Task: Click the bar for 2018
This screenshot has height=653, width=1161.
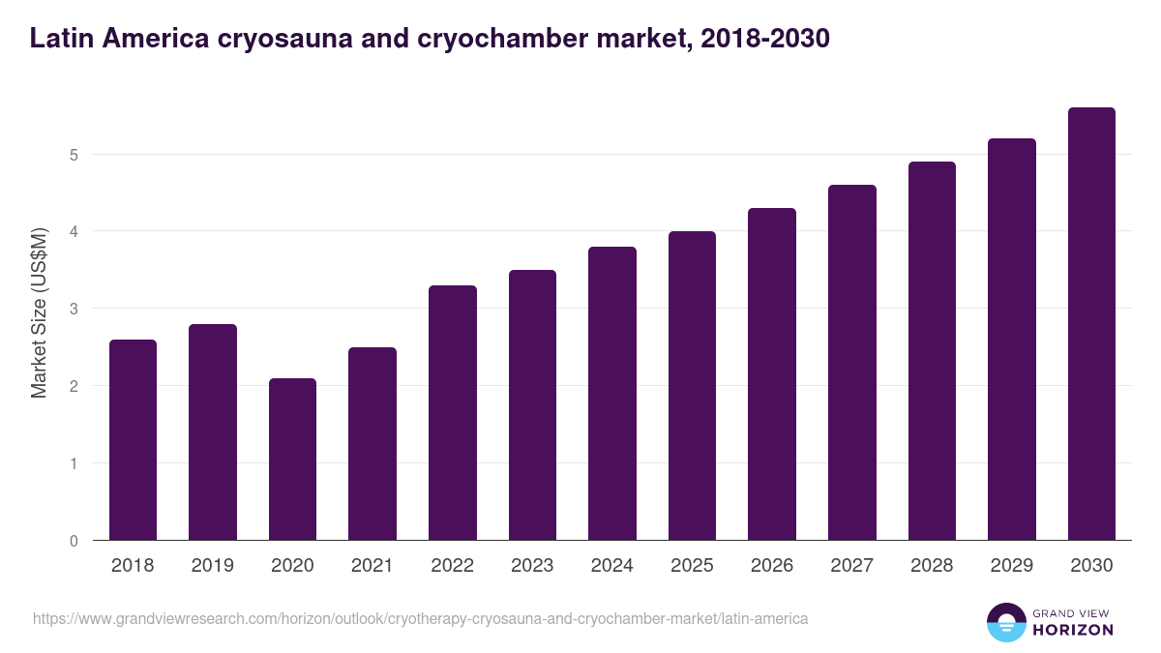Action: [x=133, y=440]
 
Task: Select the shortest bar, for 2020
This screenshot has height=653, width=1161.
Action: [x=292, y=460]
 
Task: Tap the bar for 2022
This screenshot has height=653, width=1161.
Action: [x=452, y=413]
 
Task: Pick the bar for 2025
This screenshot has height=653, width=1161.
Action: [x=692, y=386]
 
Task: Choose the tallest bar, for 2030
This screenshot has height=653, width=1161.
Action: [x=1091, y=324]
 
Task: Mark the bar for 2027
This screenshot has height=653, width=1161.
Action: [x=851, y=363]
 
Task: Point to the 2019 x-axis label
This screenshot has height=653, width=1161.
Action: [x=212, y=566]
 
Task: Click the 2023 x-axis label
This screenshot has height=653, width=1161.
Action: [x=532, y=566]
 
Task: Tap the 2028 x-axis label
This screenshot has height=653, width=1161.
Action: [x=932, y=566]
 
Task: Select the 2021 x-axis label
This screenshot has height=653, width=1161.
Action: [x=372, y=566]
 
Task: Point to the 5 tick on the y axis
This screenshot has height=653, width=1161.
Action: [x=74, y=155]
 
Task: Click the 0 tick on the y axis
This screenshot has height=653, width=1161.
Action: [x=74, y=541]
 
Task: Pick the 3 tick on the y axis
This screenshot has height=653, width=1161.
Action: [x=74, y=309]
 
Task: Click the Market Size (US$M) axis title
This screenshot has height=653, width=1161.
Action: [x=40, y=312]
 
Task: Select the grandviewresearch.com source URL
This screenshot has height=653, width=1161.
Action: [x=421, y=618]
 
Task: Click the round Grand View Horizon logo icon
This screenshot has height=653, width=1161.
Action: [x=1006, y=622]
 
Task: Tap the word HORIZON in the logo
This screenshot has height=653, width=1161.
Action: [x=1072, y=630]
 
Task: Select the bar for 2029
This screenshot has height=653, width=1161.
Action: [x=1011, y=340]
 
